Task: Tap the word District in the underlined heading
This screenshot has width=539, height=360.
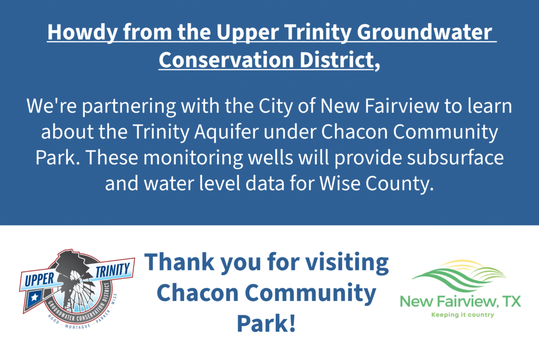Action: coord(337,60)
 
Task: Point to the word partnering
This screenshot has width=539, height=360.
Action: coord(129,106)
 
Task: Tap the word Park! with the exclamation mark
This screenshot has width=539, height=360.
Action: coord(266,324)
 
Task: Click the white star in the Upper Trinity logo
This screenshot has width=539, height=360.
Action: coord(35,297)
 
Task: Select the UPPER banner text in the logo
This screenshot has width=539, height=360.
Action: coord(39,279)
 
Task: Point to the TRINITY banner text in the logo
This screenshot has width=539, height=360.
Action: coord(113,271)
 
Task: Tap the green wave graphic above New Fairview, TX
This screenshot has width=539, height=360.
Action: coord(459,275)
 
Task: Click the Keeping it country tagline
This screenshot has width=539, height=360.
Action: coord(463,315)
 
